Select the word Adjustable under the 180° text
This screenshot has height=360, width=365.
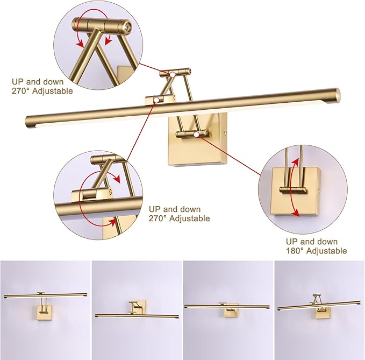(325, 251)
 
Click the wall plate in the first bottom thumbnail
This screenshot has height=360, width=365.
(44, 311)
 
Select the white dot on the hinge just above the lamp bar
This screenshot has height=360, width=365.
(156, 100)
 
